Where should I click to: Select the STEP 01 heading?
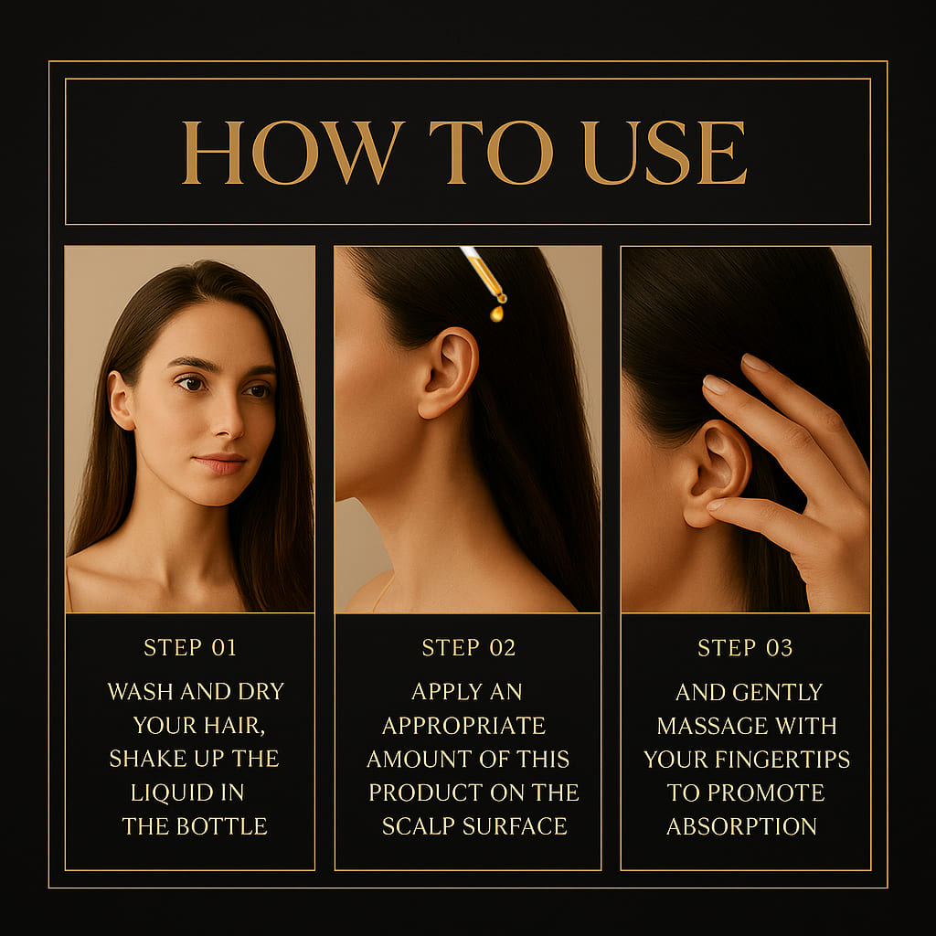point(190,648)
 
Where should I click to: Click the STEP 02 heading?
point(469,648)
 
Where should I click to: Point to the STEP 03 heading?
point(745,648)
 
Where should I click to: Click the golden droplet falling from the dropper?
point(496,314)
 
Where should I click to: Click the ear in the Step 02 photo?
point(448,373)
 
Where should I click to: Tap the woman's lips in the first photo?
point(219,463)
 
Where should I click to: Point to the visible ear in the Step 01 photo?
point(121,400)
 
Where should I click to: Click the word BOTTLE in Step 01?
point(221,826)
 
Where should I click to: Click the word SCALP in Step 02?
point(419,826)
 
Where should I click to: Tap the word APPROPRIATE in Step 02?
point(463,726)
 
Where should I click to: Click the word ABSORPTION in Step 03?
point(741,826)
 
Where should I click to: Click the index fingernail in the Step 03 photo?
point(715,384)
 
